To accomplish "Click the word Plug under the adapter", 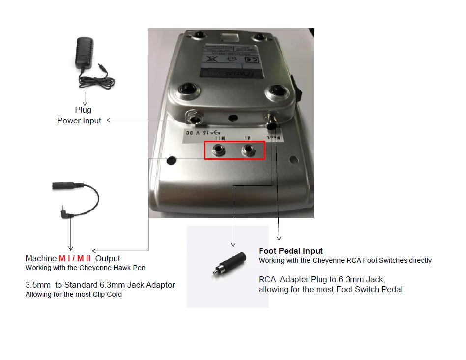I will pyautogui.click(x=83, y=110).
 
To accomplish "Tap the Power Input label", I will pyautogui.click(x=79, y=120).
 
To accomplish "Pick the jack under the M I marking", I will pyautogui.click(x=250, y=150).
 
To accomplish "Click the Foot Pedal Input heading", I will pyautogui.click(x=291, y=251).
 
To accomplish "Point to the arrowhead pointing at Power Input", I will pyautogui.click(x=109, y=120).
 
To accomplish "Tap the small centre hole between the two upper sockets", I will pyautogui.click(x=233, y=118).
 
